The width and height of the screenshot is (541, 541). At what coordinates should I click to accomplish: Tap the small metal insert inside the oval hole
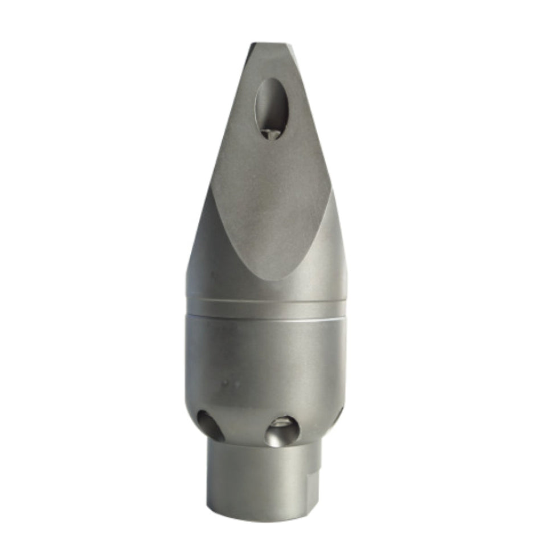272,133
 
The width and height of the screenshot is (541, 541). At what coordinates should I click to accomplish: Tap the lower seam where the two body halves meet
266,315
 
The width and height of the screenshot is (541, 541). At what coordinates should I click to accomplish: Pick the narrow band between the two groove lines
266,308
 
